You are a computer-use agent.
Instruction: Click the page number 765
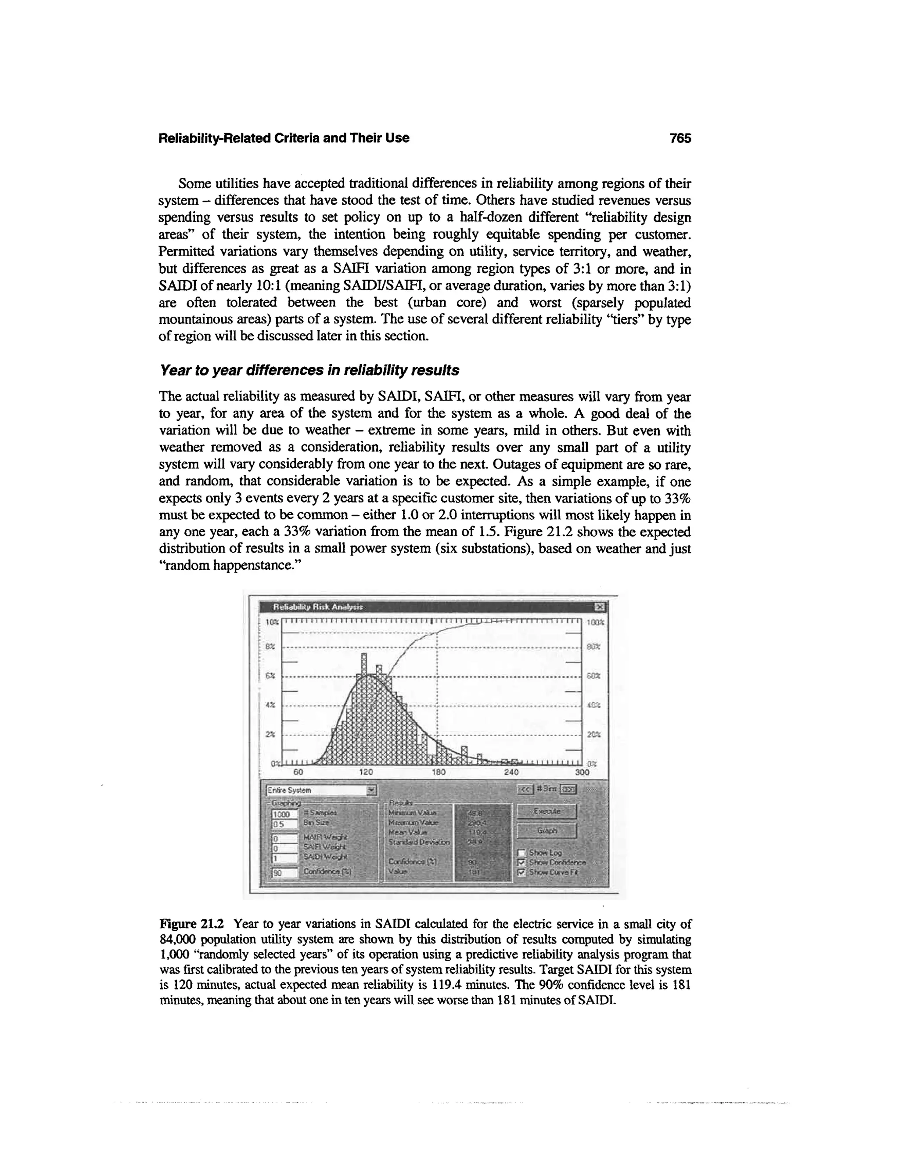(x=680, y=138)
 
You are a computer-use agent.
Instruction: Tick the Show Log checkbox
(x=522, y=852)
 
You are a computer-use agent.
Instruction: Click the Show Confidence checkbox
(x=522, y=862)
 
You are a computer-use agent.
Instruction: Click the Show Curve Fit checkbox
(x=522, y=872)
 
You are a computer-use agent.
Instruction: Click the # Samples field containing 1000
(x=284, y=814)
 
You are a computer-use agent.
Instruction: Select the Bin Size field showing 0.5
(x=284, y=824)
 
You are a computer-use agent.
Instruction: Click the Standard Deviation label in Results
(x=419, y=842)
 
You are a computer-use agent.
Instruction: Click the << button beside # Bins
(x=526, y=789)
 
